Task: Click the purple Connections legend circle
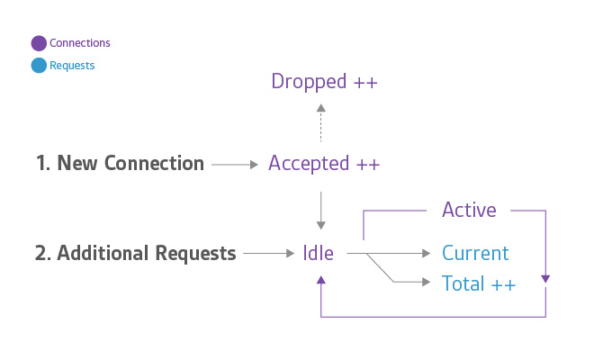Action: click(39, 43)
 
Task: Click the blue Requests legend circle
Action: click(39, 65)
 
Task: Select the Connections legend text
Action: click(79, 43)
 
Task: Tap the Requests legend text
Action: click(72, 66)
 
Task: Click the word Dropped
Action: click(309, 82)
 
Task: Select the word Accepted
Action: click(309, 164)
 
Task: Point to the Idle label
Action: click(319, 253)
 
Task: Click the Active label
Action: click(469, 210)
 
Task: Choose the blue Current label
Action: click(475, 253)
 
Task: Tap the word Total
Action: click(463, 283)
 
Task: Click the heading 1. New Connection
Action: click(120, 163)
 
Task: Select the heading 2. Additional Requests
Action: click(135, 253)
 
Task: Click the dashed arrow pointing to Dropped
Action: click(321, 122)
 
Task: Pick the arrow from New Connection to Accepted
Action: click(235, 165)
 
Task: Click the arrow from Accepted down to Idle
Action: click(321, 211)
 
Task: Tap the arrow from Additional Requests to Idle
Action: click(269, 253)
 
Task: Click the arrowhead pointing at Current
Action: click(427, 253)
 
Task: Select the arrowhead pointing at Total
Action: click(427, 282)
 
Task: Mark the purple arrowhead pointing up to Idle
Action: click(321, 280)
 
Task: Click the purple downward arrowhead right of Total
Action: click(545, 279)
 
